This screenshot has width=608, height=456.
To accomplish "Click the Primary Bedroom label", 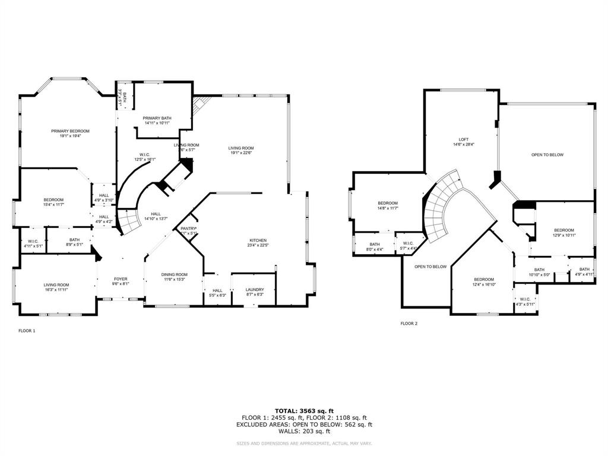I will [x=70, y=131].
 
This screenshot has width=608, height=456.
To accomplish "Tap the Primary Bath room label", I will [x=157, y=118].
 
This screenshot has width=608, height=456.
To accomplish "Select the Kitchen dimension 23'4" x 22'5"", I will [x=258, y=245].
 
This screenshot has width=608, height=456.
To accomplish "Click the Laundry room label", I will [x=255, y=290].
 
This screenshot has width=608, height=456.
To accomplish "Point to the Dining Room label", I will [x=175, y=274].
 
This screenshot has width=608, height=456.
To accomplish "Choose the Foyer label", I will [x=121, y=278].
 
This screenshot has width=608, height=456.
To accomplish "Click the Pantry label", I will [x=188, y=228].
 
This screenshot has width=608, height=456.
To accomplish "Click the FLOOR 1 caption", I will [x=27, y=331].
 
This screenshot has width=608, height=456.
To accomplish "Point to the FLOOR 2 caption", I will [x=408, y=324].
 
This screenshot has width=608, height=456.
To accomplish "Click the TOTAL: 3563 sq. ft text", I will [x=304, y=411].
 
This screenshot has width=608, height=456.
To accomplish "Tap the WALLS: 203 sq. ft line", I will [x=304, y=431].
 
